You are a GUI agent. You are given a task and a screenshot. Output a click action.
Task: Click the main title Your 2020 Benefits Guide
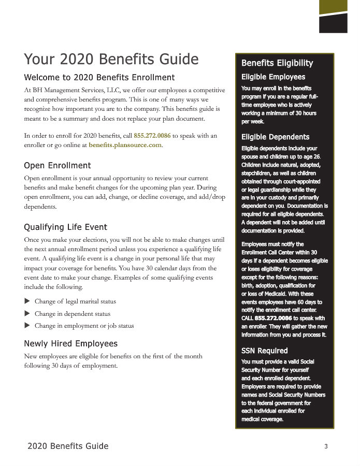click(x=111, y=59)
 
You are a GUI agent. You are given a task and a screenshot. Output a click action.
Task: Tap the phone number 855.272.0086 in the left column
click(x=152, y=136)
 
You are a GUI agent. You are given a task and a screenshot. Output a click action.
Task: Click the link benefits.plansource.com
click(x=125, y=145)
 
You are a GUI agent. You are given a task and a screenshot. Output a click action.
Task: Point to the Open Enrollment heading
click(x=57, y=166)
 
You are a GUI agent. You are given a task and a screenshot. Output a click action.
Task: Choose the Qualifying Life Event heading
click(x=66, y=227)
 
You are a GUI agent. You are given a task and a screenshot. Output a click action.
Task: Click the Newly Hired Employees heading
click(x=71, y=344)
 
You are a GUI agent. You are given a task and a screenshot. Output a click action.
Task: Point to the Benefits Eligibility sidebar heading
click(x=277, y=63)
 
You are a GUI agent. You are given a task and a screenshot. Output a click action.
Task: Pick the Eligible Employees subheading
click(x=273, y=77)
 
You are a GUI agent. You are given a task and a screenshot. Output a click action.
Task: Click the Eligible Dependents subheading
click(x=275, y=137)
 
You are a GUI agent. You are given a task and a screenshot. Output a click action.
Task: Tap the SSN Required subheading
click(x=265, y=351)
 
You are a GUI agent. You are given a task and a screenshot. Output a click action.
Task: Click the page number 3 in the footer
click(x=326, y=446)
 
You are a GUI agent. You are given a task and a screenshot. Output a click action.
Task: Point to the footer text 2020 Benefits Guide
click(x=68, y=446)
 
